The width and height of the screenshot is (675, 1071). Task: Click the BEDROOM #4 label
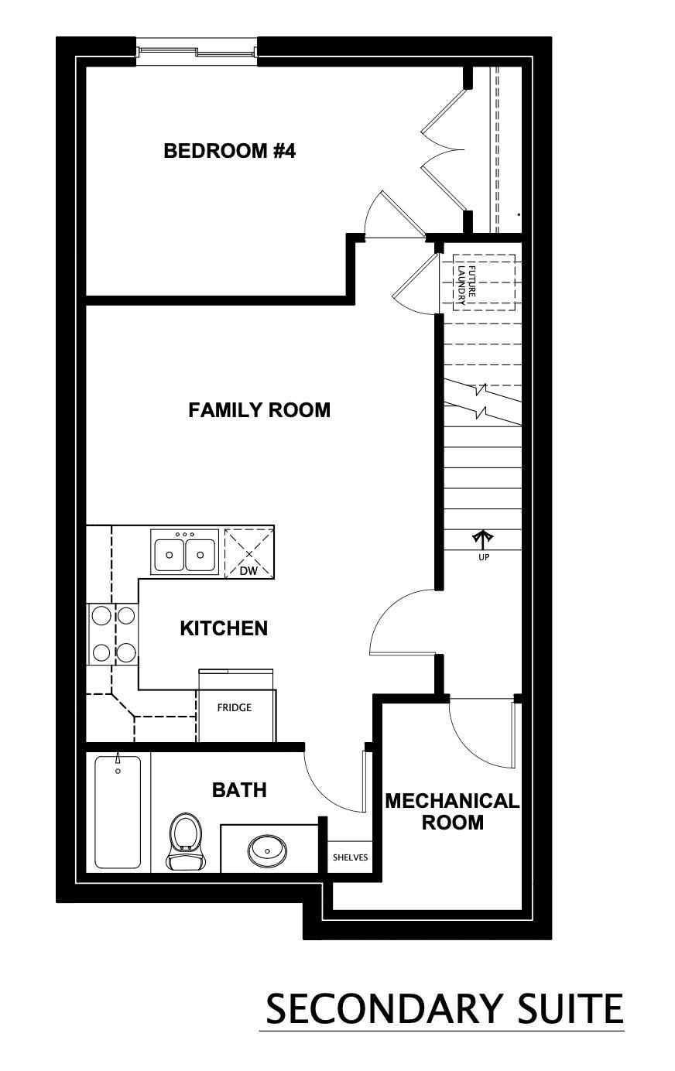pyautogui.click(x=229, y=151)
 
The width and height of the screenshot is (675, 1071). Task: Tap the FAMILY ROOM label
pyautogui.click(x=259, y=410)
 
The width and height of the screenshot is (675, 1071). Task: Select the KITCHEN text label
pyautogui.click(x=224, y=628)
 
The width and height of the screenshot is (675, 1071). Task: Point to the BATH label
pyautogui.click(x=239, y=790)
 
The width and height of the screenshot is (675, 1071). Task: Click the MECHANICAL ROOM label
pyautogui.click(x=452, y=812)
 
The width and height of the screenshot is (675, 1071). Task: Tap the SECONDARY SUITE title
pyautogui.click(x=444, y=1008)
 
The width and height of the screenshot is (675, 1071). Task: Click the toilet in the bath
pyautogui.click(x=184, y=841)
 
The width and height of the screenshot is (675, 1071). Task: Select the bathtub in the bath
pyautogui.click(x=118, y=812)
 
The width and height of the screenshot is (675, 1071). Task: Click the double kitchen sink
pyautogui.click(x=184, y=553)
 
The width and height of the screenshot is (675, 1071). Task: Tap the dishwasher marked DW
pyautogui.click(x=248, y=553)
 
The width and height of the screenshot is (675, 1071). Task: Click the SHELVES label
pyautogui.click(x=350, y=857)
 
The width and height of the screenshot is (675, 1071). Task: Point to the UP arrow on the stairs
pyautogui.click(x=483, y=539)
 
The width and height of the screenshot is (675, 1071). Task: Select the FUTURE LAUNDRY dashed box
pyautogui.click(x=484, y=282)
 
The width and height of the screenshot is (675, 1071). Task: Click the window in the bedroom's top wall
pyautogui.click(x=197, y=52)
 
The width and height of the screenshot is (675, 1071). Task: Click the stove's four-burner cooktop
pyautogui.click(x=113, y=634)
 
